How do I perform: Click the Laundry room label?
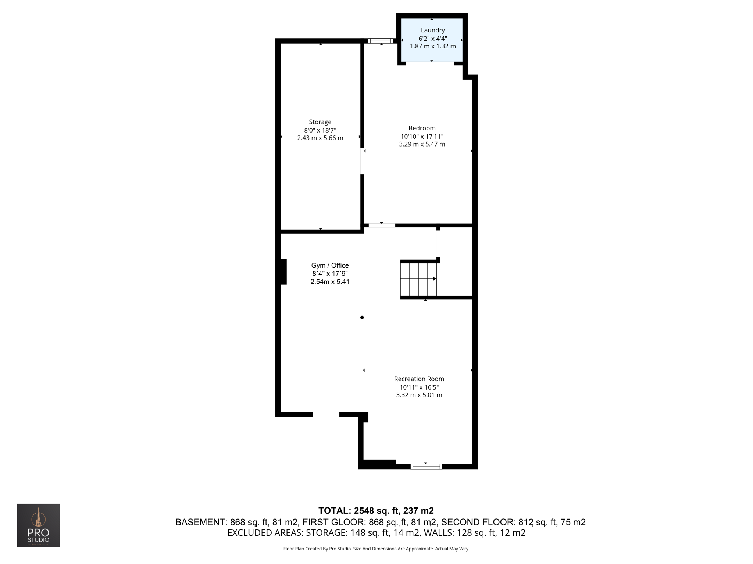click(x=433, y=30)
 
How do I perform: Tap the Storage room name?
click(x=320, y=122)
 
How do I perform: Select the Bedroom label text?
click(x=422, y=128)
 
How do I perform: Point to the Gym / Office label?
click(x=330, y=265)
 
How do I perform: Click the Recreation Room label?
click(x=419, y=379)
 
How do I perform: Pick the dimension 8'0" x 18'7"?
click(x=320, y=130)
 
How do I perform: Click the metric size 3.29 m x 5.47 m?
click(x=422, y=144)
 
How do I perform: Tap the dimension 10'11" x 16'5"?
click(x=419, y=387)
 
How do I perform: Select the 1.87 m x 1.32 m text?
click(x=433, y=46)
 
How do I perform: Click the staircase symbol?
click(x=418, y=279)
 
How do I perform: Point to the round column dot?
click(x=362, y=318)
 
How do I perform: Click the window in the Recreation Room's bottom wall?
click(x=426, y=467)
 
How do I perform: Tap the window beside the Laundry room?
click(x=381, y=41)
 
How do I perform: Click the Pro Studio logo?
click(x=38, y=525)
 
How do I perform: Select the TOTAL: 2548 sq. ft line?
click(x=376, y=511)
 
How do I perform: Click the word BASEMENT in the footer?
click(x=200, y=522)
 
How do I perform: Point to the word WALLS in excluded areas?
click(x=439, y=533)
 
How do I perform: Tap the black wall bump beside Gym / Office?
click(x=282, y=272)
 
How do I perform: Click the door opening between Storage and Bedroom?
click(x=362, y=161)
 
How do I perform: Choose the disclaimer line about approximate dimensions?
click(x=376, y=549)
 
